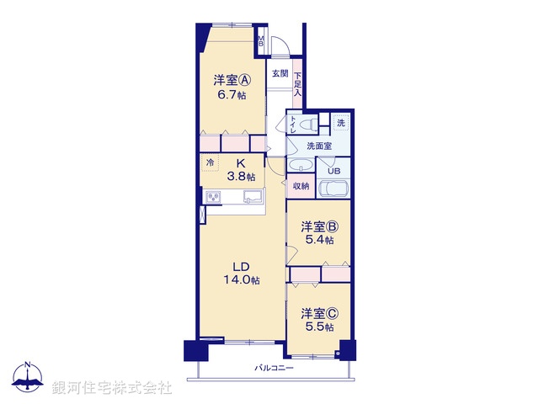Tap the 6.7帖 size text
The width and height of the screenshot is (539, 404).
230,96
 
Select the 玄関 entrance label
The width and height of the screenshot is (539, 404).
280,73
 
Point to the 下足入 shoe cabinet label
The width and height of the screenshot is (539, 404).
297,85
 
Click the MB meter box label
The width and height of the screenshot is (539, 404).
261,40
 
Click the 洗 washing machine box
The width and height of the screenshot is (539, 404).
341,123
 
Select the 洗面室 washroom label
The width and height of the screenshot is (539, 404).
318,146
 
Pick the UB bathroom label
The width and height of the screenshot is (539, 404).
334,168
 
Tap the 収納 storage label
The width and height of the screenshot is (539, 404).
301,186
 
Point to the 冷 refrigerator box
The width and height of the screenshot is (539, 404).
210,162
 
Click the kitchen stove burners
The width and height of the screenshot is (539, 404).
214,198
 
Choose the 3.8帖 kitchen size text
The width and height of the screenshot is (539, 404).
240,177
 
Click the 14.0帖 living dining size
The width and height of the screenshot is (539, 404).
241,279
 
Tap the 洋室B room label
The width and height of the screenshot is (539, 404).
319,226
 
